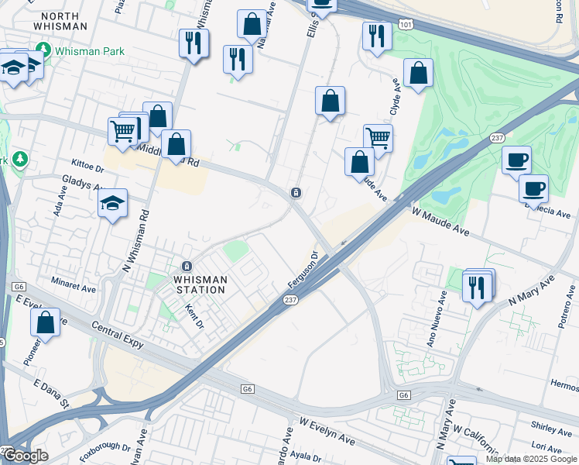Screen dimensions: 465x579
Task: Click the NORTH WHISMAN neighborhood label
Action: click(x=60, y=21)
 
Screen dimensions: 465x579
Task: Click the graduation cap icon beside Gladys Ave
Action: click(x=113, y=203)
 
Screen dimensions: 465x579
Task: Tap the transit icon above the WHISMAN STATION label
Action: click(x=186, y=266)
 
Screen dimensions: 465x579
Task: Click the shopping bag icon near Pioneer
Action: click(x=46, y=323)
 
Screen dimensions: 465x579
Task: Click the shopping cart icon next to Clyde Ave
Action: click(x=378, y=138)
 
